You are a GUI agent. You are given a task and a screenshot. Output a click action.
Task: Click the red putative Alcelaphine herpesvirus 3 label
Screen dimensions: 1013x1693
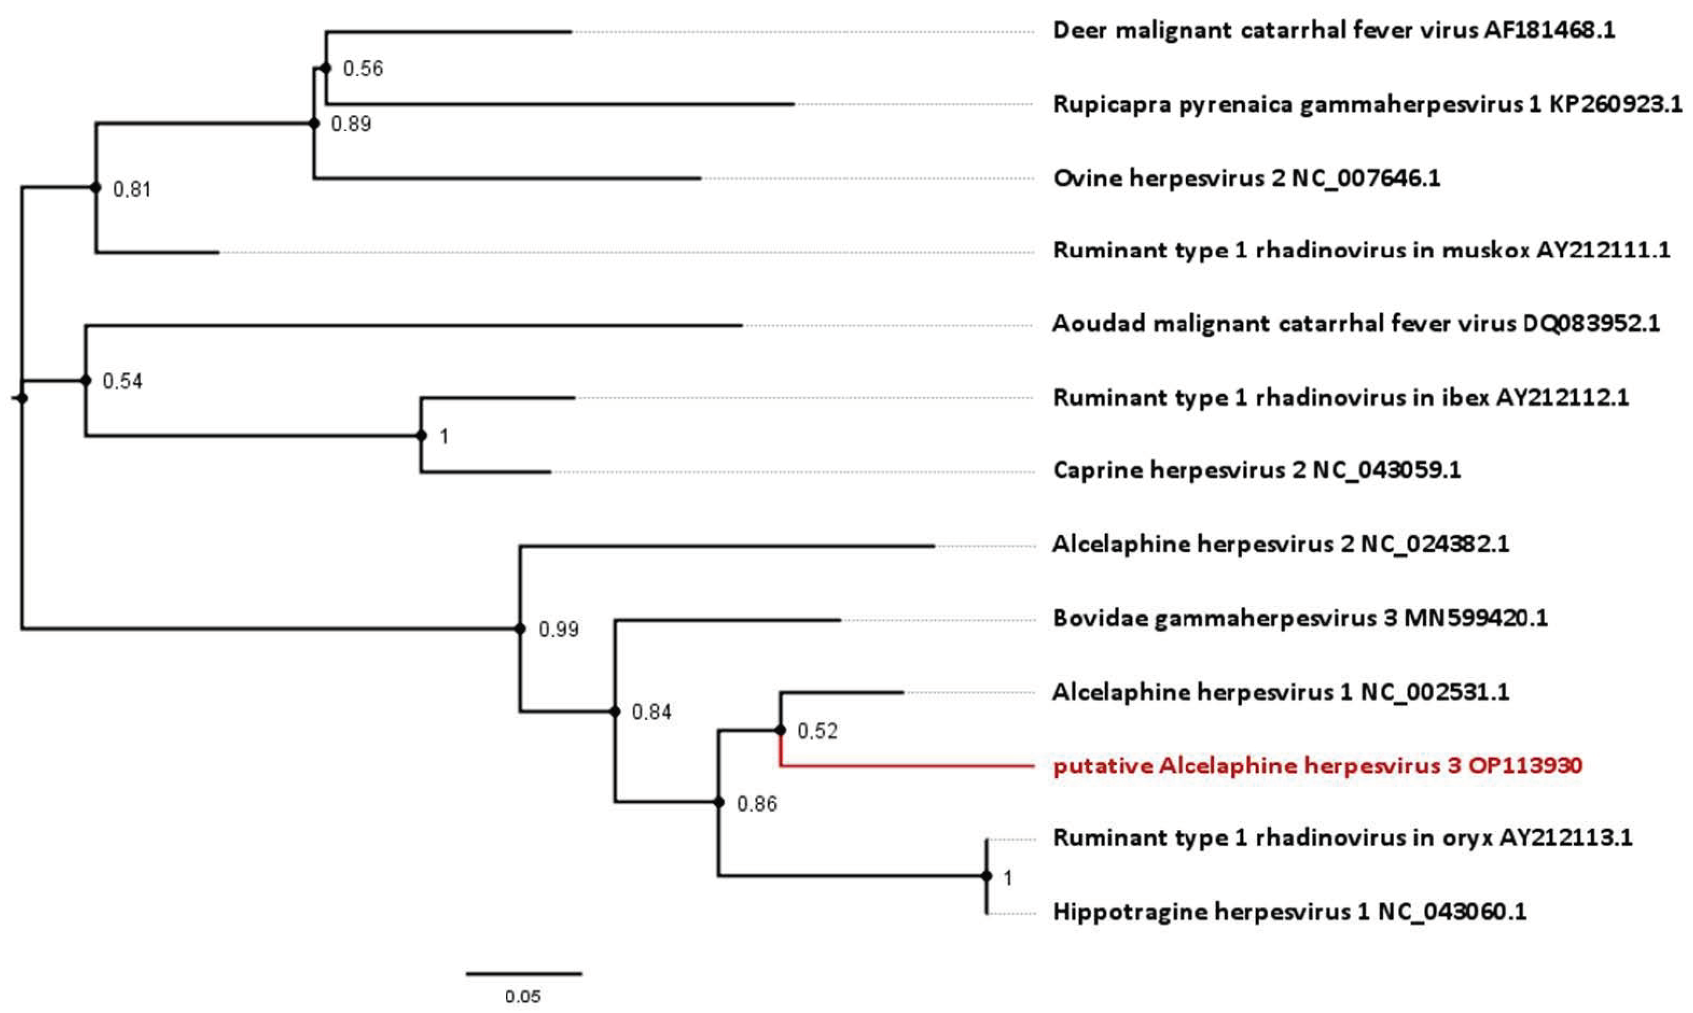tap(1318, 766)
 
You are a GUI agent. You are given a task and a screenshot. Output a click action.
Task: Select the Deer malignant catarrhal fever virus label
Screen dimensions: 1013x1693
tap(1334, 31)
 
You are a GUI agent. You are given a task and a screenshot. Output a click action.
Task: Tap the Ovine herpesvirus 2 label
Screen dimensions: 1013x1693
tap(1247, 178)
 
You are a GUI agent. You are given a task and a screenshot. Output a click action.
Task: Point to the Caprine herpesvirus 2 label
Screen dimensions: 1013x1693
tap(1257, 469)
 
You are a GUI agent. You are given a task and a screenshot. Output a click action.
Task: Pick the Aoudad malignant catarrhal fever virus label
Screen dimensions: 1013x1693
tap(1356, 323)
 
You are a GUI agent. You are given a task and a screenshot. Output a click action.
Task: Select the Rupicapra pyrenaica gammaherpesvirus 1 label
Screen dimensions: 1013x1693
tap(1368, 104)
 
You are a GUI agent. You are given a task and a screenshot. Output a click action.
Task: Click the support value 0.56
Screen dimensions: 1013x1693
tap(363, 69)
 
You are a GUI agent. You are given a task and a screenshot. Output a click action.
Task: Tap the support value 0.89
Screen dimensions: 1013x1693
tap(351, 124)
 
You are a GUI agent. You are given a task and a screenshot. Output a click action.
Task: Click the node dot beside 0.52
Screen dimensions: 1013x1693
tap(781, 730)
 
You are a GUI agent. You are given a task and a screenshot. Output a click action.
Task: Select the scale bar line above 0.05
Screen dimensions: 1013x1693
tap(524, 973)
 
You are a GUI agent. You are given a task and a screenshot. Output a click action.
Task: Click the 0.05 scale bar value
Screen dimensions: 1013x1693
tap(522, 996)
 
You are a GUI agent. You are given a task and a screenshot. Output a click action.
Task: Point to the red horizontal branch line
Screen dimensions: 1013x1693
tap(907, 766)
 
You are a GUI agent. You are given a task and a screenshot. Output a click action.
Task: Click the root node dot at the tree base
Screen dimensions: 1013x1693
tap(22, 398)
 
